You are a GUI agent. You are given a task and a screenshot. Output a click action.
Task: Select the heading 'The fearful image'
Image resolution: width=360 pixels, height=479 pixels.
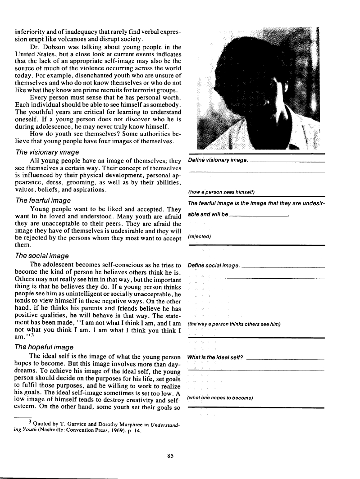coord(43,200)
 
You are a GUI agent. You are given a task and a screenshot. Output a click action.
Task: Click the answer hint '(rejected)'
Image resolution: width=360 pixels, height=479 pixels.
coord(200,236)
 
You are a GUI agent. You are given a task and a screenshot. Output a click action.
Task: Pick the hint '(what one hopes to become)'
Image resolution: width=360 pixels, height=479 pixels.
coord(220,398)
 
